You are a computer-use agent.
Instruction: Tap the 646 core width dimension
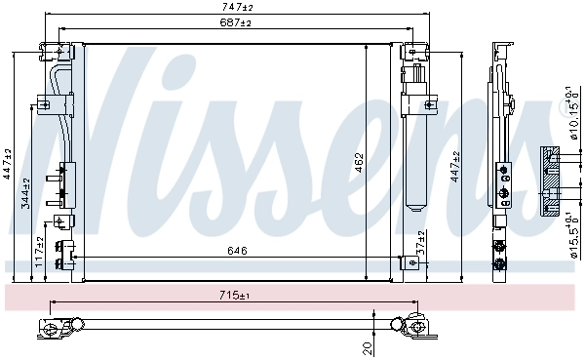[x=237, y=251]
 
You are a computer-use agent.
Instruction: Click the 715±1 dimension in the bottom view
[x=235, y=295]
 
